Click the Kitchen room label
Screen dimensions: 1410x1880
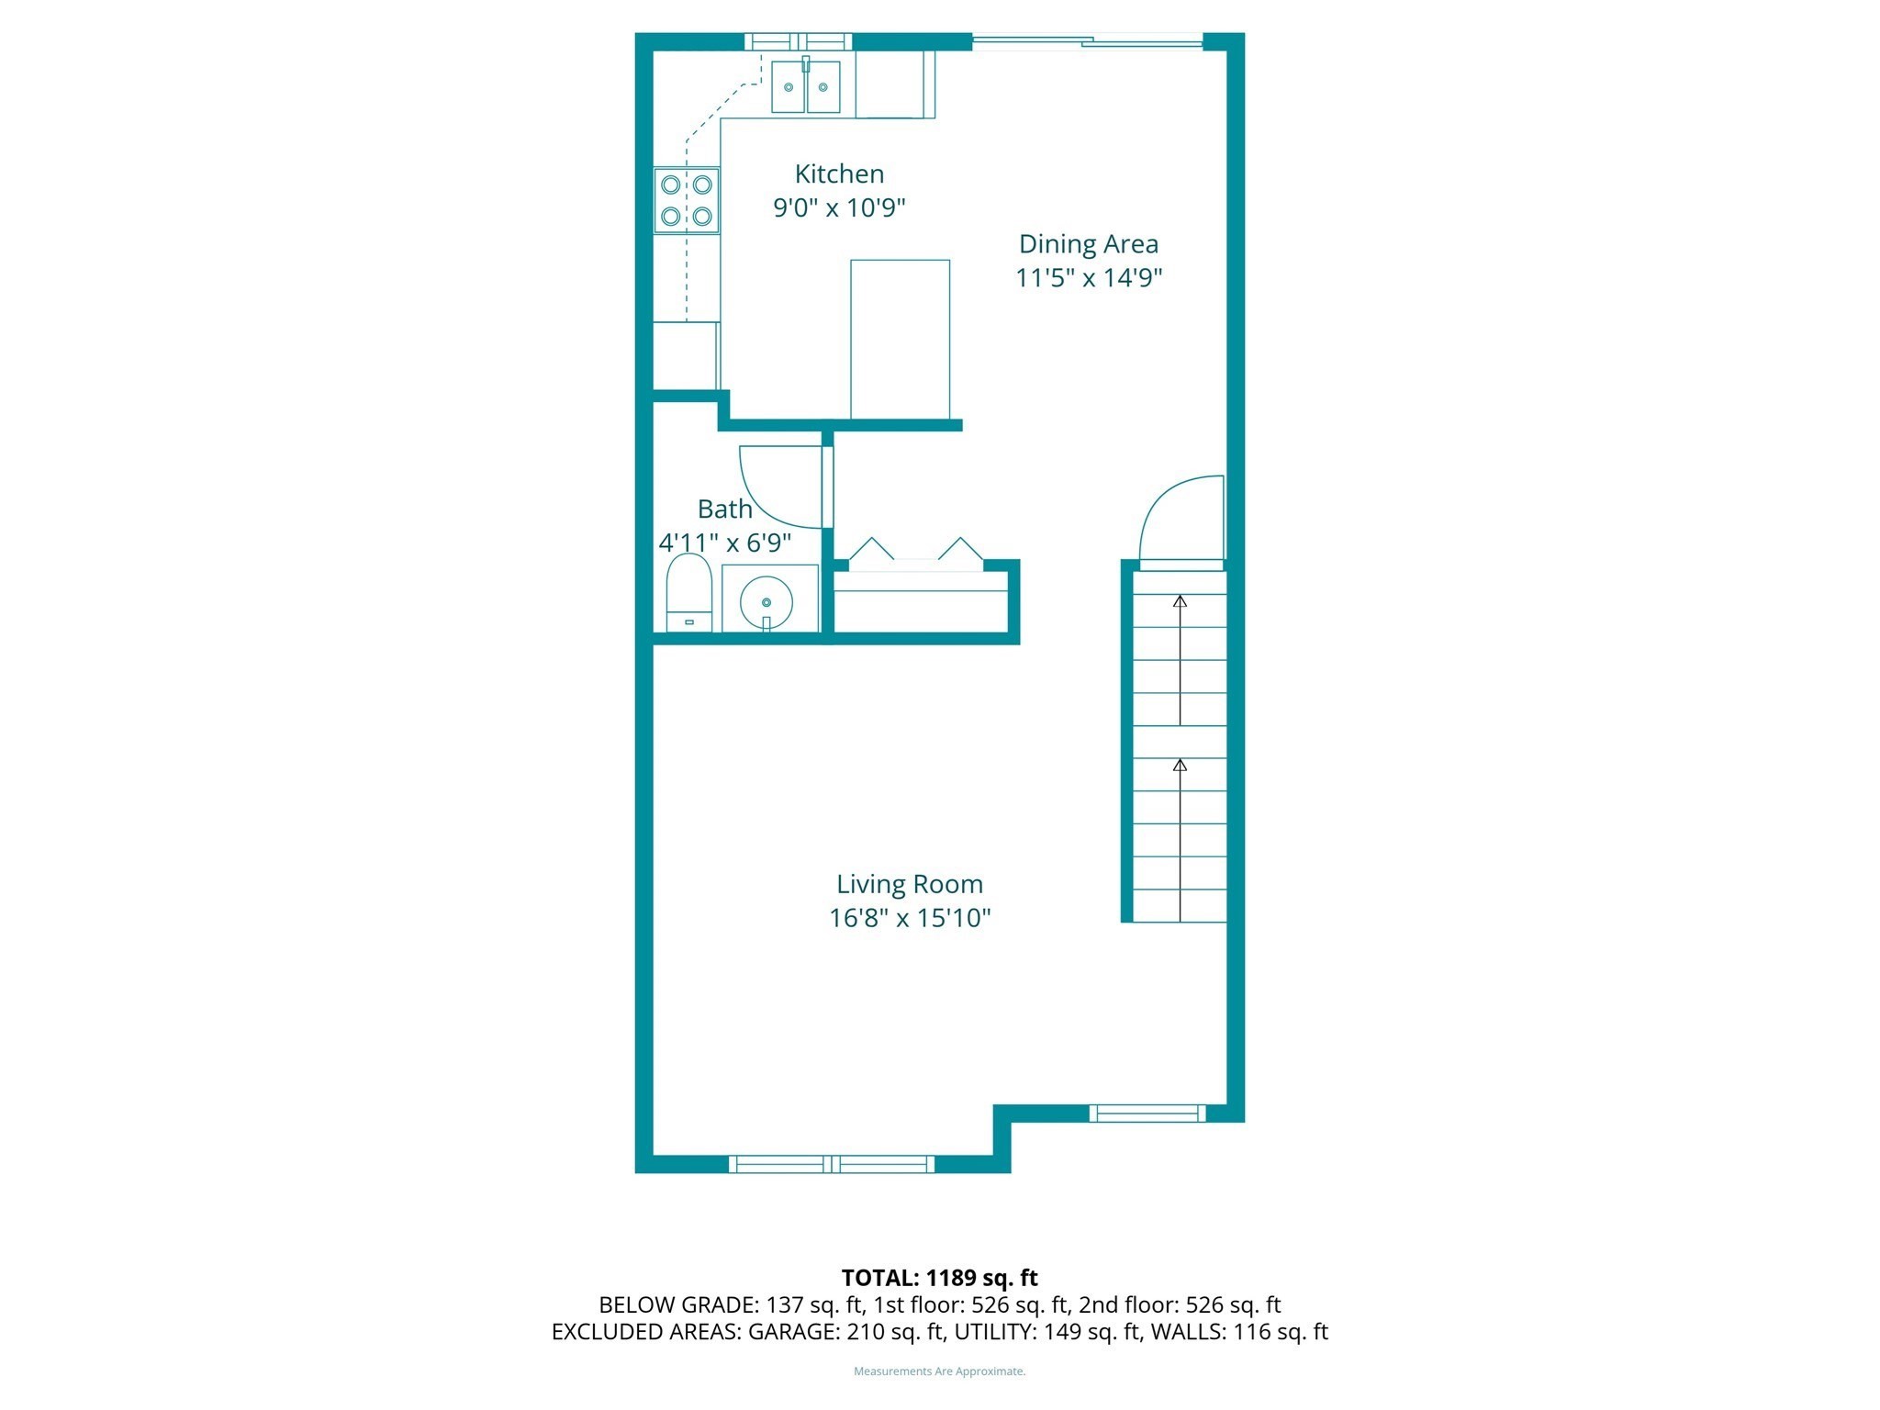tap(839, 173)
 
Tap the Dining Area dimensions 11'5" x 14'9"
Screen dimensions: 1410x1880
tap(1088, 277)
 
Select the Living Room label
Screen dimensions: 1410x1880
tap(909, 884)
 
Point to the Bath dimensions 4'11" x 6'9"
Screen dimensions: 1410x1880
tap(724, 543)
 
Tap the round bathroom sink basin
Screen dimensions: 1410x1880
tap(766, 601)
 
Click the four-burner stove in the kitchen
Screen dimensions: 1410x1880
tap(687, 200)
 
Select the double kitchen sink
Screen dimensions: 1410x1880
tap(805, 87)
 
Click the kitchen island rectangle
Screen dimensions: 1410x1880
tap(900, 339)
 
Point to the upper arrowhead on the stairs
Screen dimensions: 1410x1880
tap(1181, 601)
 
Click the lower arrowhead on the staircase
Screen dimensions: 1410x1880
tap(1181, 765)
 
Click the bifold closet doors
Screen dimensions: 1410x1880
tap(916, 553)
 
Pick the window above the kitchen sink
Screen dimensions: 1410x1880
tap(797, 41)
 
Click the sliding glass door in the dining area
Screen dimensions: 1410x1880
tap(1088, 41)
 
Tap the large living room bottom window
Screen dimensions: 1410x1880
tap(832, 1164)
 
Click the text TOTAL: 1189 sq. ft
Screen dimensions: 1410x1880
tap(939, 1278)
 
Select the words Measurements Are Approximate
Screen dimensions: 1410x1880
tap(939, 1371)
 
